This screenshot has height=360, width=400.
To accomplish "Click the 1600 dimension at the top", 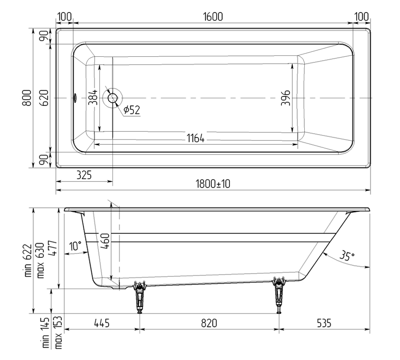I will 214,16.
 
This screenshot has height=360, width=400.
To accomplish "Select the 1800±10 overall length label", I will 213,184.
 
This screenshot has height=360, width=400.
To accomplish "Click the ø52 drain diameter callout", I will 132,110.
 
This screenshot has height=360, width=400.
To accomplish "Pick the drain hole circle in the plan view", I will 113,97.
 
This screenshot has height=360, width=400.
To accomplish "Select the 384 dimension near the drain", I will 93,97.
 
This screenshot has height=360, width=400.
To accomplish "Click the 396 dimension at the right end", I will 286,97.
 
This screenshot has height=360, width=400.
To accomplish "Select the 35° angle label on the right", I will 347,255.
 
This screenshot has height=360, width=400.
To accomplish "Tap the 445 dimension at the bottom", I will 101,323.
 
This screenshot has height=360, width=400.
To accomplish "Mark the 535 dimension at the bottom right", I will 323,323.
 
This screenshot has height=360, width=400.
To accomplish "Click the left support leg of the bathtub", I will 140,297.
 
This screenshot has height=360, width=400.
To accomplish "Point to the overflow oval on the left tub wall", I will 75,97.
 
